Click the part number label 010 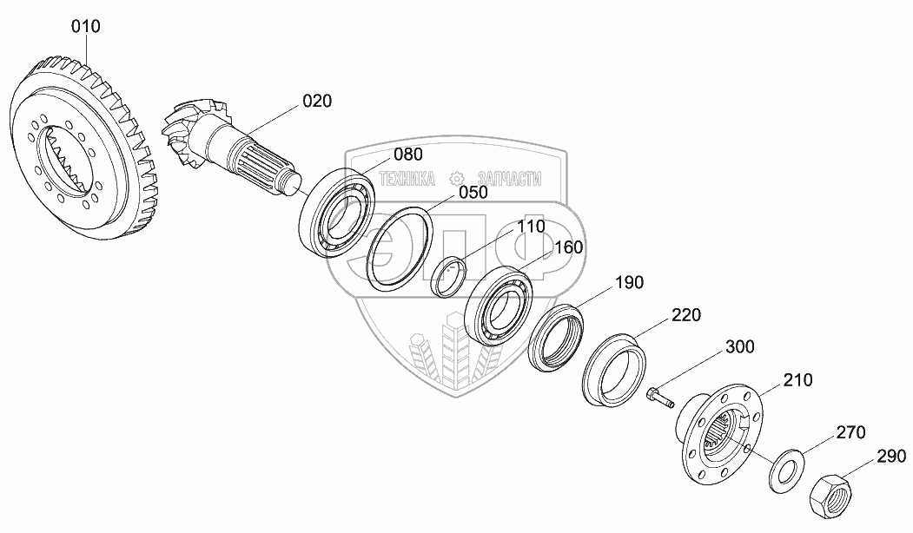(x=86, y=27)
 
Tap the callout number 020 (x=317, y=102)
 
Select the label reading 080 (x=407, y=155)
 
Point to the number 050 (x=473, y=193)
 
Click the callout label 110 (x=529, y=227)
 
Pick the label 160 (x=568, y=248)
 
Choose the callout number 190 (x=630, y=283)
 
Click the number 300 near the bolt (x=739, y=347)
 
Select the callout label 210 (x=797, y=380)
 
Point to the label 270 (x=850, y=431)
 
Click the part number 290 (x=890, y=456)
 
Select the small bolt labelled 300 (x=660, y=398)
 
